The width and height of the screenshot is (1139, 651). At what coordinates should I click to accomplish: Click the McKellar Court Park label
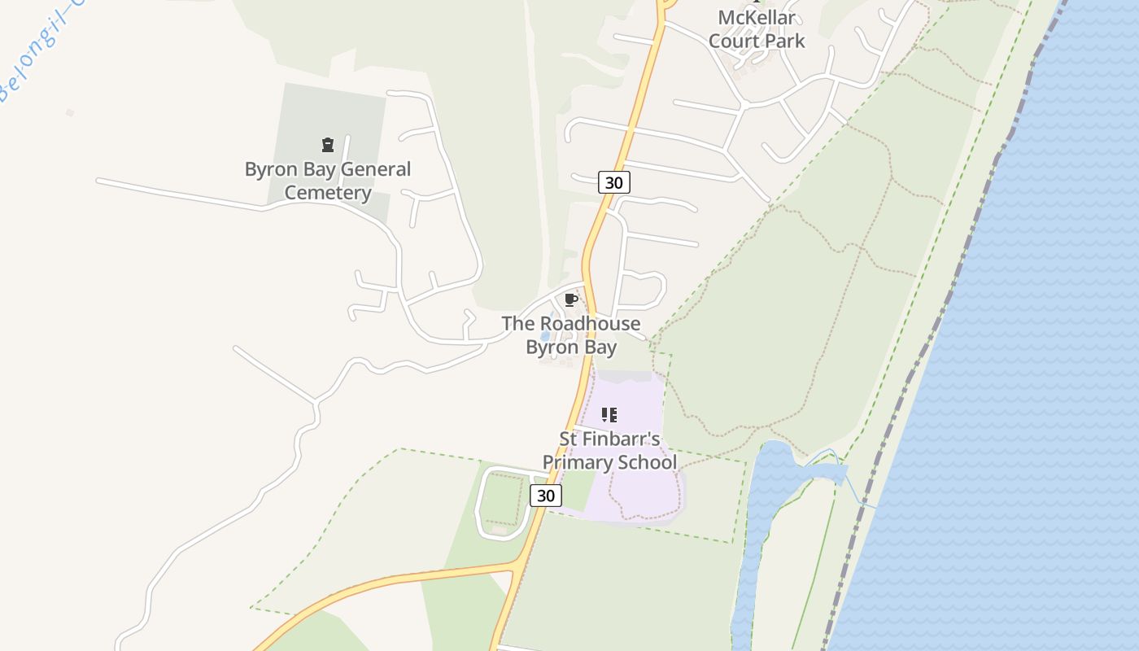757,29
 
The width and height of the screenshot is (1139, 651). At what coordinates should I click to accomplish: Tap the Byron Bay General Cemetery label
328,181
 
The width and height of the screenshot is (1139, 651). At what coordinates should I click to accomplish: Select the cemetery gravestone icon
328,145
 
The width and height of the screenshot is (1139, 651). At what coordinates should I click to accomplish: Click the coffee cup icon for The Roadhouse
571,299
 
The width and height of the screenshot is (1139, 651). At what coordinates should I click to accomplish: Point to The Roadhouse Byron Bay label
571,335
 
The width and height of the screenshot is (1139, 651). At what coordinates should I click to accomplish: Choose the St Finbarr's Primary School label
609,451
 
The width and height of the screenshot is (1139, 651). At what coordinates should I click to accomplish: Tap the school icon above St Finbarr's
609,415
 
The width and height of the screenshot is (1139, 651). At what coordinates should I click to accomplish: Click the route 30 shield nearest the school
546,495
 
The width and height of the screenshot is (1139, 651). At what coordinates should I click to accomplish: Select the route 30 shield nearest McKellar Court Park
614,182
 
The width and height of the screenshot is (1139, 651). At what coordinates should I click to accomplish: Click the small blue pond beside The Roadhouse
545,335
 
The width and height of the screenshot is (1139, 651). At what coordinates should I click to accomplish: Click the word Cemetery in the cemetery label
328,193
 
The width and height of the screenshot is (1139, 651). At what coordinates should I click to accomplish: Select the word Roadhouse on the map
591,324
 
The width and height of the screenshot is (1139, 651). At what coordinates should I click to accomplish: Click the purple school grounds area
643,488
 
